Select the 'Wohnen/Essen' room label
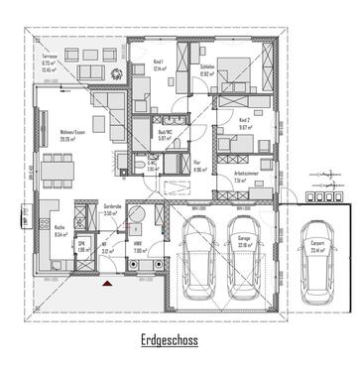pyautogui.click(x=67, y=136)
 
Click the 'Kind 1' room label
pyautogui.click(x=160, y=62)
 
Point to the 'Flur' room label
pyautogui.click(x=197, y=165)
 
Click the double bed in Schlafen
pyautogui.click(x=238, y=74)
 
